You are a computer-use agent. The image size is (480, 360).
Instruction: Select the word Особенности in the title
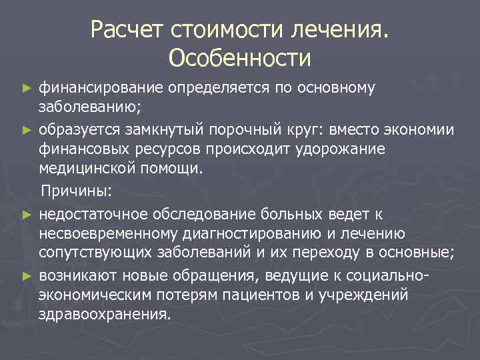pyautogui.click(x=240, y=58)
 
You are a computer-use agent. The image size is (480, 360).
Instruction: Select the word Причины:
pyautogui.click(x=77, y=191)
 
